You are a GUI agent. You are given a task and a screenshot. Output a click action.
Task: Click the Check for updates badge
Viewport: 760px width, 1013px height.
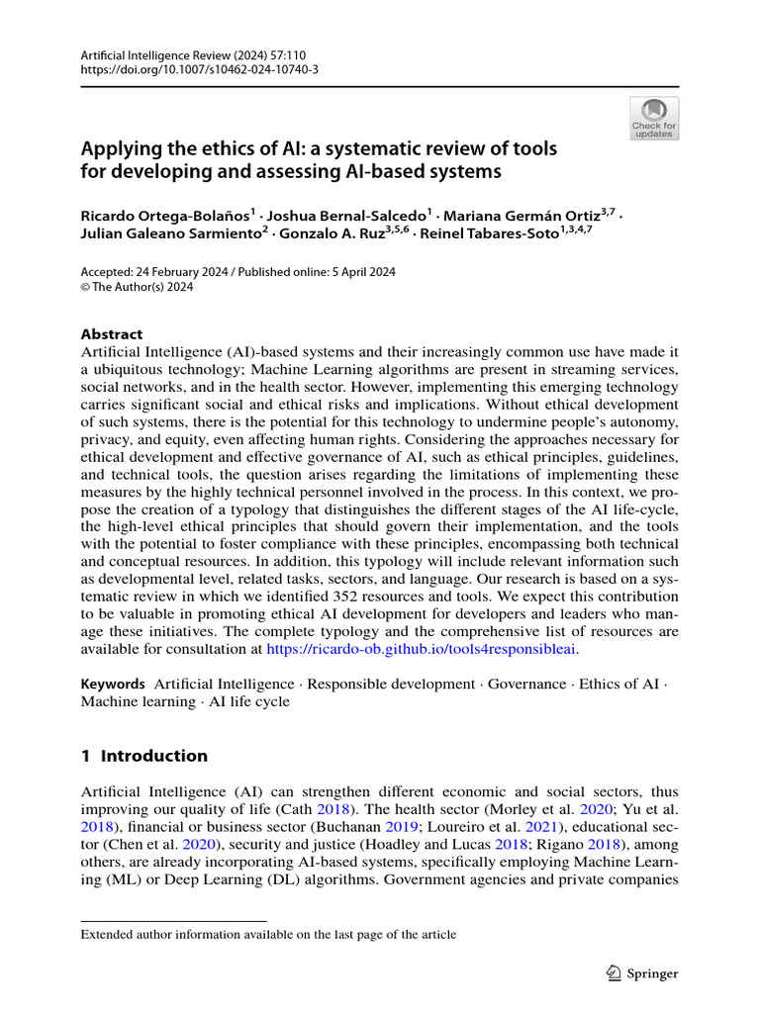coord(654,119)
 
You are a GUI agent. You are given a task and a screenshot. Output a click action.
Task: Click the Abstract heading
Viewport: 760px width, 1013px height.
coord(111,334)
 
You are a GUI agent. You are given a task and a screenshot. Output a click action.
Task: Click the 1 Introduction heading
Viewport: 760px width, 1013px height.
coord(144,756)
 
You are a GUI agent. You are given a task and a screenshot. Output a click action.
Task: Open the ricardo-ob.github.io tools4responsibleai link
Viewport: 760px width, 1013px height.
coord(421,649)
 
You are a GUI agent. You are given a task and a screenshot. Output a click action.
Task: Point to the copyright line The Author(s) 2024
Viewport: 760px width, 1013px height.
coord(138,288)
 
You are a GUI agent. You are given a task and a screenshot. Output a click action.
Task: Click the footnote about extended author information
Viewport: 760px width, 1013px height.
coord(268,934)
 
